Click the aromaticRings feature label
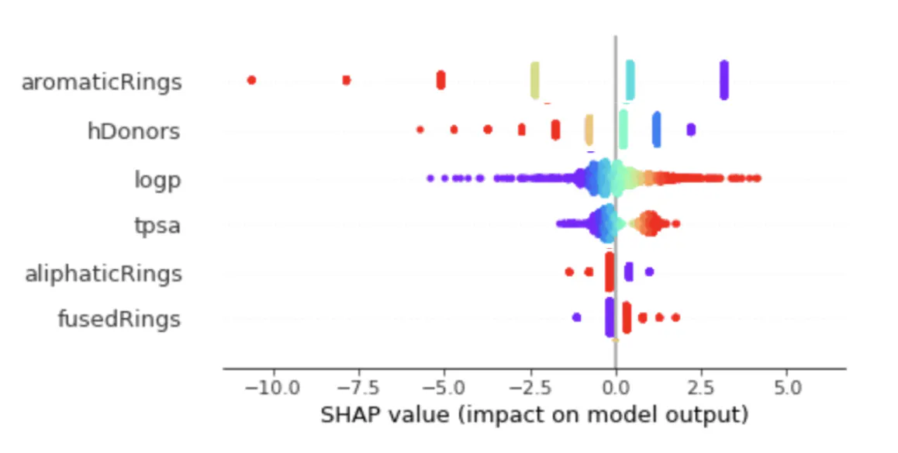(x=102, y=82)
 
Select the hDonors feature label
(x=133, y=132)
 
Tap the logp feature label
(x=157, y=181)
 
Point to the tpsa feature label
(x=157, y=227)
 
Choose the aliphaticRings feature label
(x=103, y=274)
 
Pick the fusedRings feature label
(x=119, y=319)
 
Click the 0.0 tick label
(x=616, y=386)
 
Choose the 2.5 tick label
(x=701, y=386)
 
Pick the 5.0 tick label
(x=786, y=386)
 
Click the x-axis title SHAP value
(x=534, y=415)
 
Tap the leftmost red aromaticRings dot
(x=251, y=80)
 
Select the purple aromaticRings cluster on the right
(x=724, y=80)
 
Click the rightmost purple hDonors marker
(x=691, y=130)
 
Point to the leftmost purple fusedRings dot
(x=576, y=316)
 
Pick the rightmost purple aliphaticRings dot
(x=649, y=271)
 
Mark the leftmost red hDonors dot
(x=420, y=130)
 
